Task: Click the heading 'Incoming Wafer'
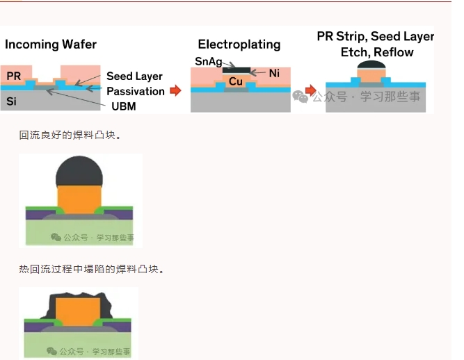point(51,44)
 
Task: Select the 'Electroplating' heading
point(239,44)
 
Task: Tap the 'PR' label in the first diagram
point(13,75)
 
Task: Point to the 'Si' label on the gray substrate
point(12,101)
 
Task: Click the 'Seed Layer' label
point(135,76)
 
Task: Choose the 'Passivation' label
point(136,91)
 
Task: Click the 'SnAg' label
point(208,62)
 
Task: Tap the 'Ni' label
point(273,72)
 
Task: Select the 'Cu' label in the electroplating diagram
point(236,81)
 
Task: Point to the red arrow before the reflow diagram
point(310,90)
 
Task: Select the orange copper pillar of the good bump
point(79,197)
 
